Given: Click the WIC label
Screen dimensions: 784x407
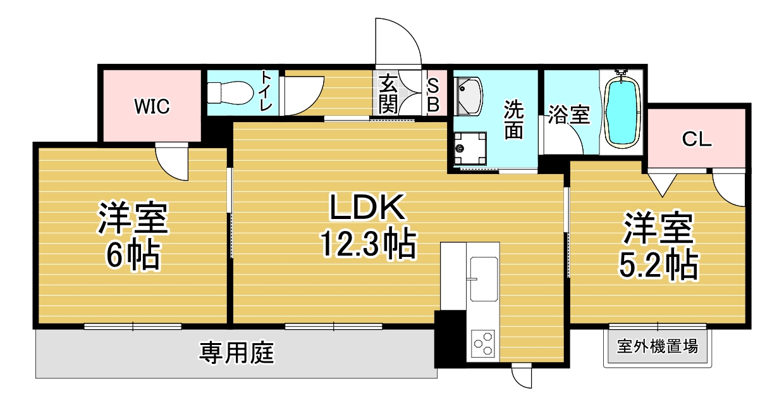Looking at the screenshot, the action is click(152, 106).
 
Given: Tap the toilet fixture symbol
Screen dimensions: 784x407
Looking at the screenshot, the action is click(230, 93).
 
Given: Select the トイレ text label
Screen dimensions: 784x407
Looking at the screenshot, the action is click(267, 91).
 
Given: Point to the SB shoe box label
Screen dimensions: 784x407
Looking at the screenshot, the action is click(433, 95).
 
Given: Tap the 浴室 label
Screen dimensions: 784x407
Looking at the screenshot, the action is click(569, 115).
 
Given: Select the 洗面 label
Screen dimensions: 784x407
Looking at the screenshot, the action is click(513, 120).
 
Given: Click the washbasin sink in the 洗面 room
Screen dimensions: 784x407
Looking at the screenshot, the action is click(468, 96).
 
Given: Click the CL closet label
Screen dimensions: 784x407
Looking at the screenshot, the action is click(697, 139).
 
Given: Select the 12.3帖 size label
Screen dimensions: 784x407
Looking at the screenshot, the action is click(368, 244).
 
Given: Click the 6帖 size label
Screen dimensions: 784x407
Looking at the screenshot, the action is click(133, 255).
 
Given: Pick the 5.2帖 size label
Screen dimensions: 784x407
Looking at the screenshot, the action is click(658, 265).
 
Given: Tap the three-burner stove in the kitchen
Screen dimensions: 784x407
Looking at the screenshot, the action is click(483, 343).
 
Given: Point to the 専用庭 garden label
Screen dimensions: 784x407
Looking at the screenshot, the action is click(236, 353).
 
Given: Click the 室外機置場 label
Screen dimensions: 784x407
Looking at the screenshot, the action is click(658, 346).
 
